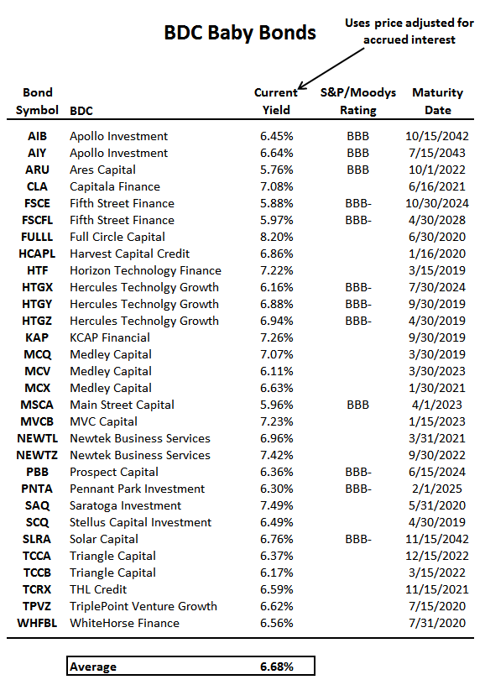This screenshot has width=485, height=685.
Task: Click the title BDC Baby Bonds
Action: tap(240, 33)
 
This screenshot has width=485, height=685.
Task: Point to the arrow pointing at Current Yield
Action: tap(331, 69)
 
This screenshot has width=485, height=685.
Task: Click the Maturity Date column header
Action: tap(437, 101)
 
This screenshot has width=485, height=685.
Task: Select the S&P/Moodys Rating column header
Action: tap(358, 101)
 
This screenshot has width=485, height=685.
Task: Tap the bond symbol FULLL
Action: tap(37, 237)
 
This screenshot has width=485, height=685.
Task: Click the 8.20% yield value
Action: tap(276, 237)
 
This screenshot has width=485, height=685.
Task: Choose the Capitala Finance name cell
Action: tap(115, 186)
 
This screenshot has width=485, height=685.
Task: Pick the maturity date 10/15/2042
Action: tap(437, 136)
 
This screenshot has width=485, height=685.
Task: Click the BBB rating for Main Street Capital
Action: tap(358, 405)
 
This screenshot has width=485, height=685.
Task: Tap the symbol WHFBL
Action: tap(37, 623)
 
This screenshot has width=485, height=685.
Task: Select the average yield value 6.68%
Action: tap(277, 667)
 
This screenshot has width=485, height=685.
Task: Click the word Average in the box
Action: tap(93, 667)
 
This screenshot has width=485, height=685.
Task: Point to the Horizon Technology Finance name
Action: tap(145, 271)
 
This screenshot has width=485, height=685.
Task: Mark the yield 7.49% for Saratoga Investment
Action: tap(276, 505)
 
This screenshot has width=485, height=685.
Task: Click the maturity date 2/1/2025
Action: tap(437, 489)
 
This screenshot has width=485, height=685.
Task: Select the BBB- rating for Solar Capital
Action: tap(358, 539)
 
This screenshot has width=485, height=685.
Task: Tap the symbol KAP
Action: tap(37, 337)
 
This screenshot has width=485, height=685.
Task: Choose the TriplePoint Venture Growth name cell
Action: tap(143, 606)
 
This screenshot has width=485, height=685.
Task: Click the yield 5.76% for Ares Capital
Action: tap(276, 170)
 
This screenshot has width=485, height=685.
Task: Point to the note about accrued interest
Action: tap(409, 31)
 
